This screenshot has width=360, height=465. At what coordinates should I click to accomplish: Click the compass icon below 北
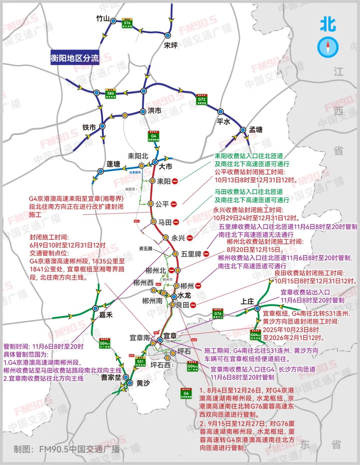pyautogui.click(x=328, y=47)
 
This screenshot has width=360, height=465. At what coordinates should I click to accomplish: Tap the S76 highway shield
pyautogui.click(x=127, y=23)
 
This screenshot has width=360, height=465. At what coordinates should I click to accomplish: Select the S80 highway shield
pyautogui.click(x=110, y=94)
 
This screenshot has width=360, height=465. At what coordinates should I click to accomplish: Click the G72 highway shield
pyautogui.click(x=201, y=99)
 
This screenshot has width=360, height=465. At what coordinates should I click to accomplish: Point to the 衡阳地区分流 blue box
pyautogui.click(x=75, y=58)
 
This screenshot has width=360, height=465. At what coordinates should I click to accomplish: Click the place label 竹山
pyautogui.click(x=103, y=19)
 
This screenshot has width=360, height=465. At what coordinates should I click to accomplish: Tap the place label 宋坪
pyautogui.click(x=171, y=45)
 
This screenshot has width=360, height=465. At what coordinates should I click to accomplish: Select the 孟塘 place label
pyautogui.click(x=256, y=130)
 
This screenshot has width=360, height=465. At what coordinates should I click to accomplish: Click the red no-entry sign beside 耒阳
pyautogui.click(x=175, y=181)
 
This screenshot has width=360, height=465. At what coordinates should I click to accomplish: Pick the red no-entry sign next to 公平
pyautogui.click(x=174, y=204)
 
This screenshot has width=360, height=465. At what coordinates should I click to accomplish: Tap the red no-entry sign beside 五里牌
pyautogui.click(x=206, y=254)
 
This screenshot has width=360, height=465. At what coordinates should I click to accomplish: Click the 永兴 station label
pyautogui.click(x=178, y=238)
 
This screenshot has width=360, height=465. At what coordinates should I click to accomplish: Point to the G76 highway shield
pyautogui.click(x=218, y=313)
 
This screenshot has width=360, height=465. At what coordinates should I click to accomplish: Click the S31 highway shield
pyautogui.click(x=140, y=361)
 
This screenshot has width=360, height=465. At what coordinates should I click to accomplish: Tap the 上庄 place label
pyautogui.click(x=247, y=301)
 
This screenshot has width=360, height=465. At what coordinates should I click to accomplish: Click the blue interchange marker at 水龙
pyautogui.click(x=174, y=296)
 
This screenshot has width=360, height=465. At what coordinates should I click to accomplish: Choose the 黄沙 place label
pyautogui.click(x=143, y=383)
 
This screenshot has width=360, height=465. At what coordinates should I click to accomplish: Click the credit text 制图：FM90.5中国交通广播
pyautogui.click(x=67, y=449)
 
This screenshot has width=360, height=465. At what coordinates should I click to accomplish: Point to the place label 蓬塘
pyautogui.click(x=113, y=164)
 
